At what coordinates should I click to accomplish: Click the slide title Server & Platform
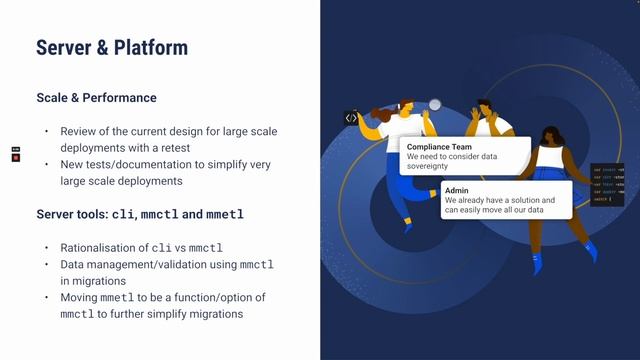point(112,47)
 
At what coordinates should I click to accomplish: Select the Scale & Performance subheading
point(96,98)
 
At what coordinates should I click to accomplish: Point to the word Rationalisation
point(103,248)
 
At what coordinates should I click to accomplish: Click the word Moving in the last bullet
point(80,298)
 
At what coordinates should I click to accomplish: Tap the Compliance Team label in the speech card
point(439,146)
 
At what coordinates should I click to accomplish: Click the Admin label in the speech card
point(457,190)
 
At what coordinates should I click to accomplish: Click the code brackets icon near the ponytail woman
point(351,118)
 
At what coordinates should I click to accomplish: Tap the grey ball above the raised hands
point(435,103)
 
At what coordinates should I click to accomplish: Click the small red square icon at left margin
point(16,158)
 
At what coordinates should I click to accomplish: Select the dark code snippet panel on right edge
point(608,184)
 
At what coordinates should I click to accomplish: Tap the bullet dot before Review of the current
point(46,132)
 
